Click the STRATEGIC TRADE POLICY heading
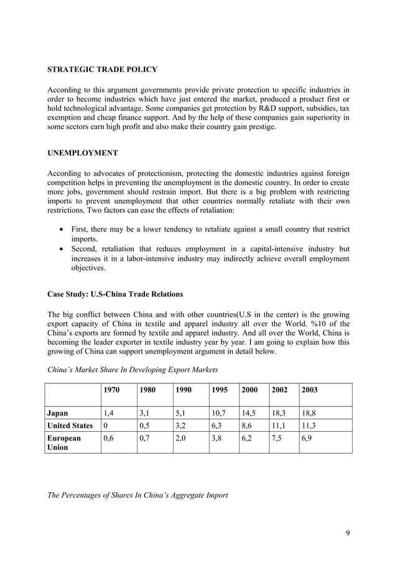pos(102,69)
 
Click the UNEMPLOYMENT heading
pos(83,151)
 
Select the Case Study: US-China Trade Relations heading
pos(115,293)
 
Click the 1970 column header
pos(112,390)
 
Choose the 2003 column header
pos(310,390)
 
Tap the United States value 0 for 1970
pos(105,426)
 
